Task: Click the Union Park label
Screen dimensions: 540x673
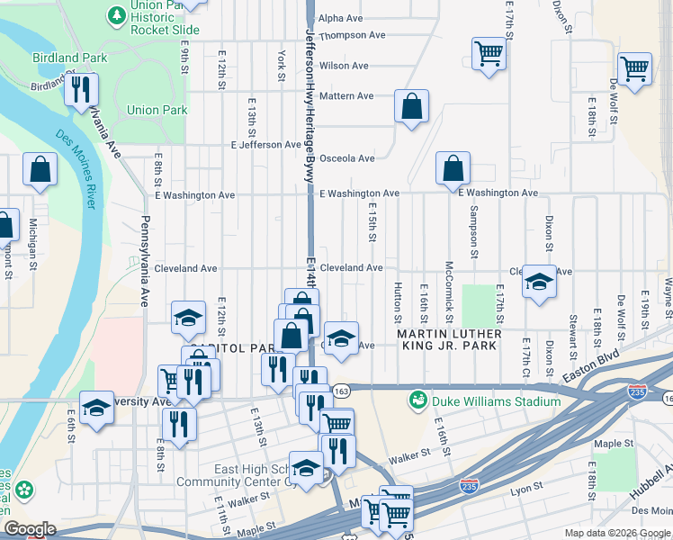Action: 157,111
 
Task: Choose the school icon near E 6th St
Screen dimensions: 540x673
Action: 96,407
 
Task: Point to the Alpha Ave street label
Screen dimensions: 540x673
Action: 340,18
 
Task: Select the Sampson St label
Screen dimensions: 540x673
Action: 472,231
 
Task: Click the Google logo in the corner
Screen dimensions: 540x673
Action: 30,530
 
